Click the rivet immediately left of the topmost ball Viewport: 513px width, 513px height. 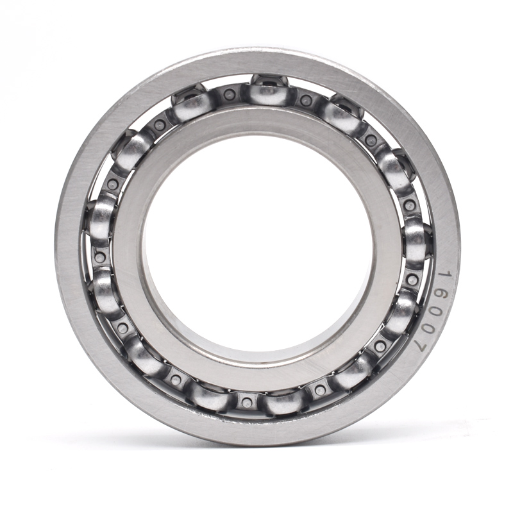[x=230, y=95]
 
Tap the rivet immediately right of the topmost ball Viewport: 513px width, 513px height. [x=307, y=100]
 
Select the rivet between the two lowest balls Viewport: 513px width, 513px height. [x=246, y=403]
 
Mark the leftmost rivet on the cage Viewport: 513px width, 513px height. [x=99, y=257]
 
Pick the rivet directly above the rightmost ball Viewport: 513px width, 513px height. [x=410, y=206]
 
